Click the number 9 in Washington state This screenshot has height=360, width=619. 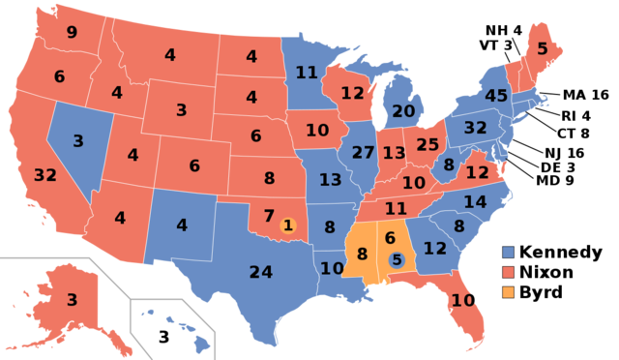click(72, 32)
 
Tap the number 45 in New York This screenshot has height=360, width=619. click(496, 96)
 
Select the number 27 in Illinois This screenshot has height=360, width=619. click(363, 152)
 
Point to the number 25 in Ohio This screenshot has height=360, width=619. click(427, 145)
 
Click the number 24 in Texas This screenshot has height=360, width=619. click(260, 272)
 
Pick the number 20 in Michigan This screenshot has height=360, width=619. click(403, 111)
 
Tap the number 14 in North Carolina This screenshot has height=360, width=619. click(475, 202)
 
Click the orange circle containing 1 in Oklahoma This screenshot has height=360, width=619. click(287, 225)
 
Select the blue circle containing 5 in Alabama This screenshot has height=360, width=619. click(397, 259)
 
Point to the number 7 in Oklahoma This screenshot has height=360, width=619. click(269, 215)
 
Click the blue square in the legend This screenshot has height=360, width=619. click(509, 252)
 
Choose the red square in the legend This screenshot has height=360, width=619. click(509, 272)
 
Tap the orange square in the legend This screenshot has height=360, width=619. click(509, 292)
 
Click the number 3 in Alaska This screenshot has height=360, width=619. click(72, 300)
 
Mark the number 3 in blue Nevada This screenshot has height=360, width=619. click(78, 141)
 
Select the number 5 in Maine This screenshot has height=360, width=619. click(542, 47)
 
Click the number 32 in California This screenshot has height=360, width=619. click(44, 175)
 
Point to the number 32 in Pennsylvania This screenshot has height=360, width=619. click(475, 127)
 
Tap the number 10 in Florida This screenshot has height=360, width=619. click(462, 301)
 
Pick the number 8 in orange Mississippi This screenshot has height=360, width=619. click(363, 255)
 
